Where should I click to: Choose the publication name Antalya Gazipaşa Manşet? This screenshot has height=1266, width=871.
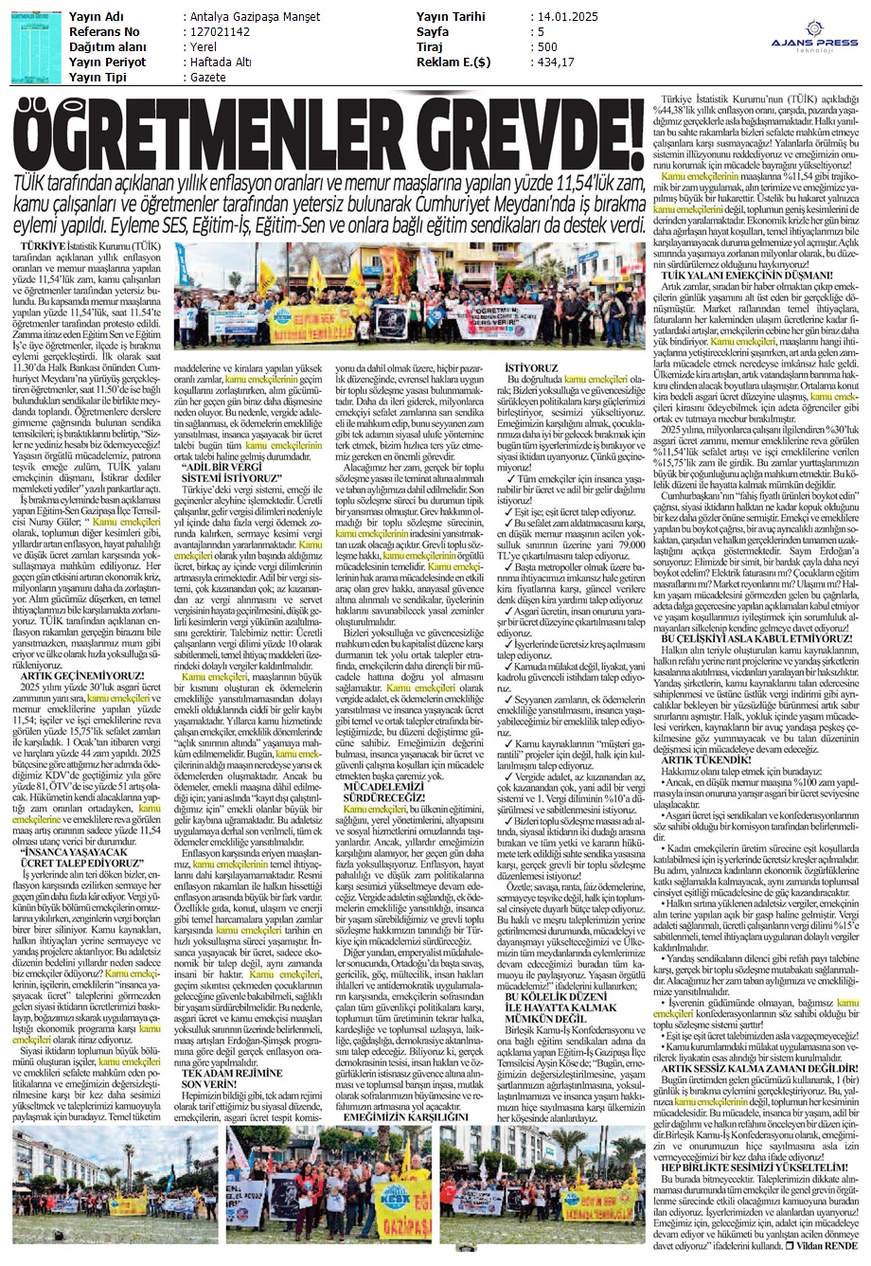click(254, 17)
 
